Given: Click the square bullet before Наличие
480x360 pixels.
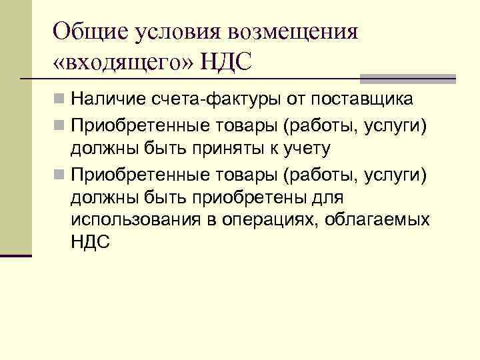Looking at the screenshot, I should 60,101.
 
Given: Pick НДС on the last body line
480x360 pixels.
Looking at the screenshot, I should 89,242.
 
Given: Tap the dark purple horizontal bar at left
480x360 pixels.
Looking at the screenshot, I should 16,255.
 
